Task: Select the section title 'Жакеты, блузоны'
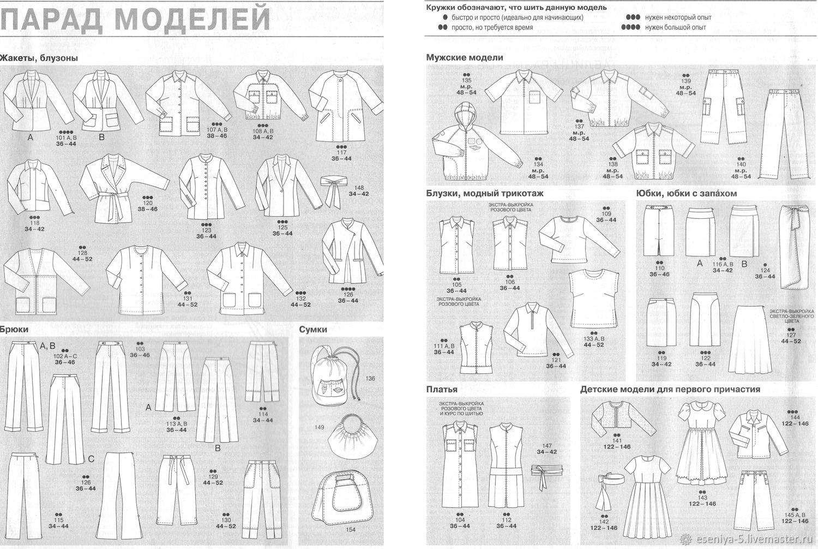pos(39,58)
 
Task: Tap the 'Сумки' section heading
pos(313,329)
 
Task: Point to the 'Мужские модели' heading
pos(465,57)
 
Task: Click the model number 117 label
pos(341,152)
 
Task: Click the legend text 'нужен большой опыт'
pos(675,27)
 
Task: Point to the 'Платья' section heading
pos(442,390)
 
